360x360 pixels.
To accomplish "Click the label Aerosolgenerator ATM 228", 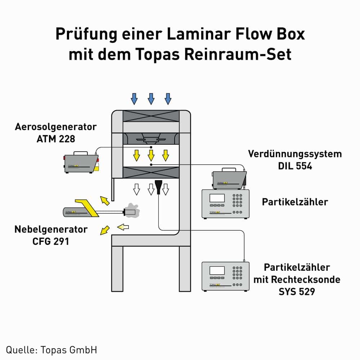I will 56,132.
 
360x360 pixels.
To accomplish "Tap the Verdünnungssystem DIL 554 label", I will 294,159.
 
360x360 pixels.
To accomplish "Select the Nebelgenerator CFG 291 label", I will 51,235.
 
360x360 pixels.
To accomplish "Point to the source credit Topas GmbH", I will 51,350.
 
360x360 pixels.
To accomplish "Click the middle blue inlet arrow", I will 151,98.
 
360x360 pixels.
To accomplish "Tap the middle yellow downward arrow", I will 151,155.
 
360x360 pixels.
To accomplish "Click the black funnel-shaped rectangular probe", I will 158,186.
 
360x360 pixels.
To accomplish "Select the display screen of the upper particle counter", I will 217,198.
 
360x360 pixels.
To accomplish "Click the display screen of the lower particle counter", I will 217,270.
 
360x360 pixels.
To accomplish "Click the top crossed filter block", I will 151,116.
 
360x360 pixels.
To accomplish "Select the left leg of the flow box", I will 117,268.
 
